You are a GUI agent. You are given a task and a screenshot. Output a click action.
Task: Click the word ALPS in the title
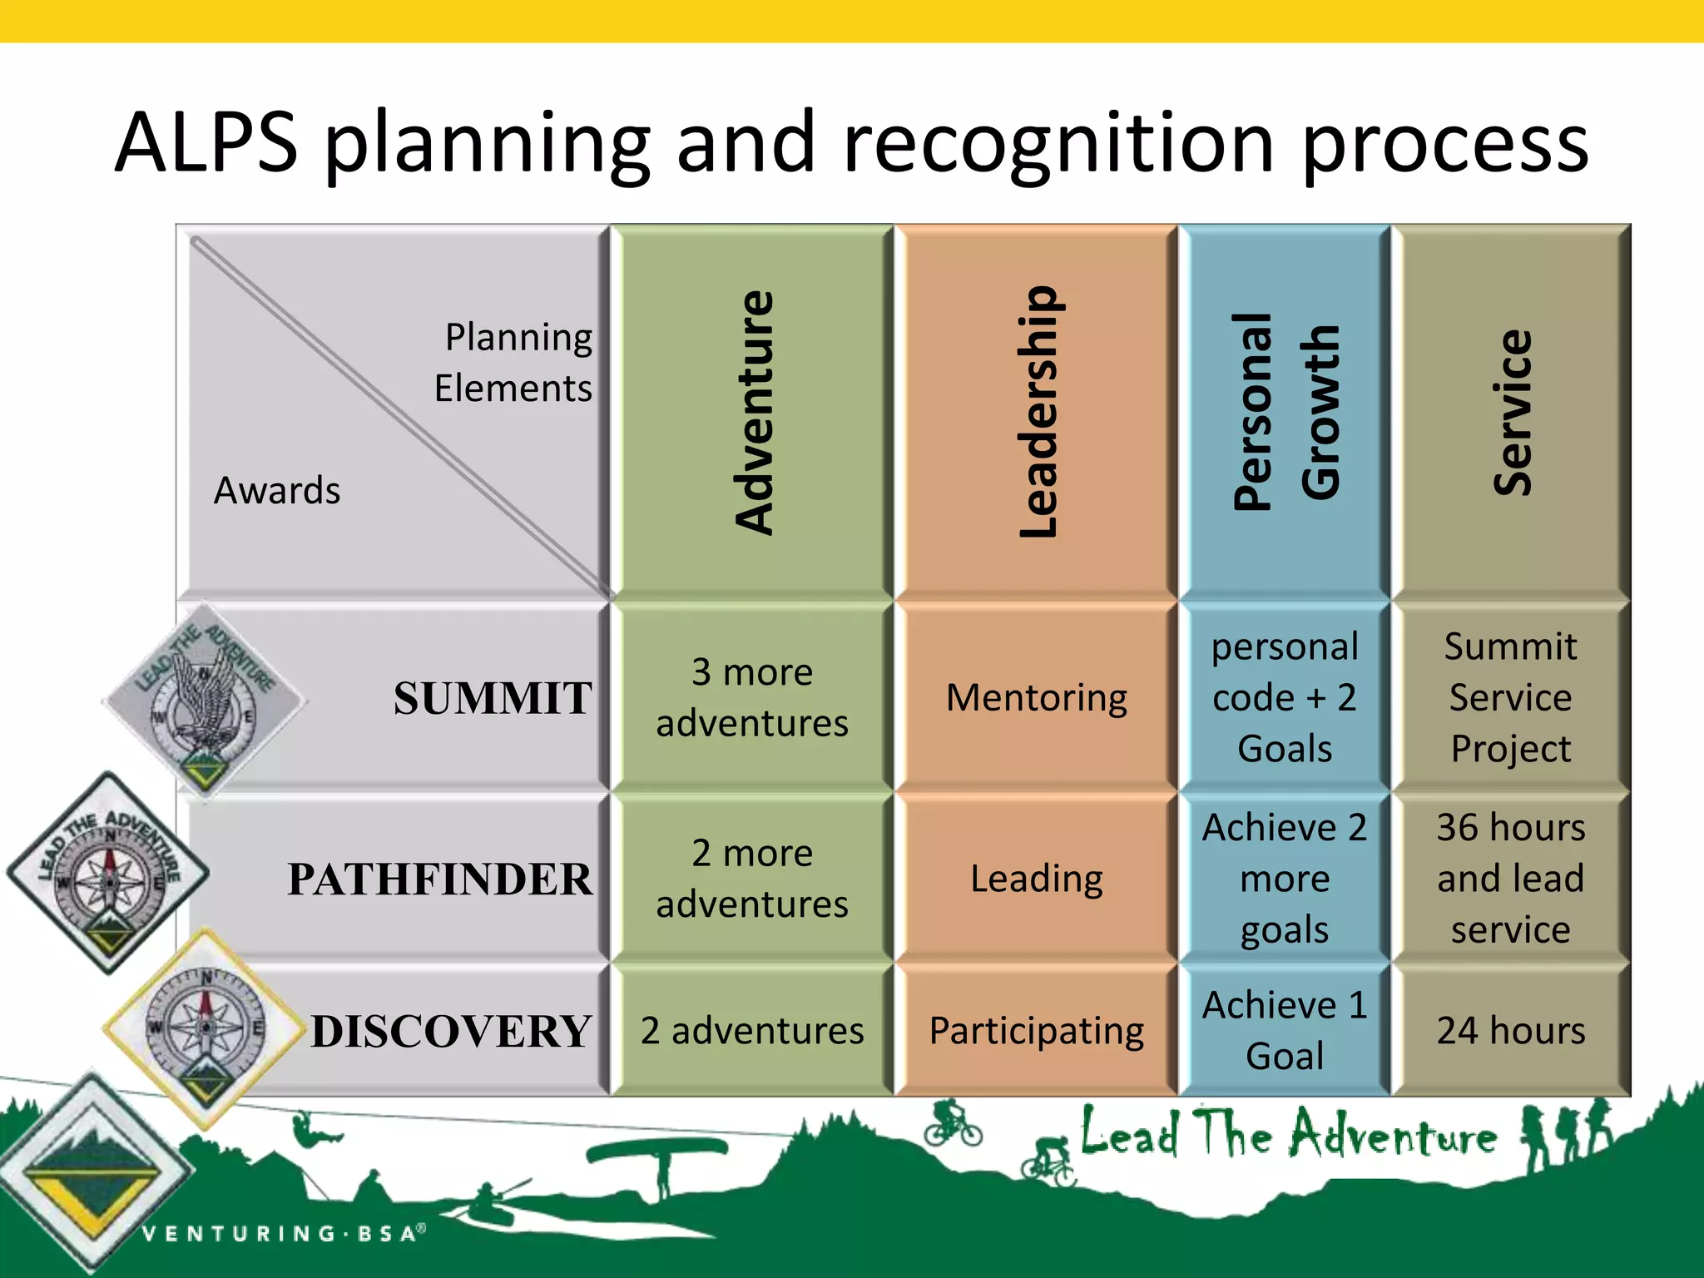pyautogui.click(x=206, y=143)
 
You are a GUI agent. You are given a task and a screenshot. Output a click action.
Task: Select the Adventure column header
pyautogui.click(x=755, y=412)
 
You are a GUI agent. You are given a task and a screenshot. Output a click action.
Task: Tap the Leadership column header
pyautogui.click(x=1038, y=412)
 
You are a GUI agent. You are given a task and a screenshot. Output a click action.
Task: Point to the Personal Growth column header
pyautogui.click(x=1285, y=412)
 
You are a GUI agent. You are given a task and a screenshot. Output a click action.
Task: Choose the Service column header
pyautogui.click(x=1512, y=412)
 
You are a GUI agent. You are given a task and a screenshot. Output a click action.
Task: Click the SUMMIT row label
pyautogui.click(x=493, y=698)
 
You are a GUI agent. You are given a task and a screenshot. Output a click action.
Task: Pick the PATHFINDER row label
pyautogui.click(x=440, y=879)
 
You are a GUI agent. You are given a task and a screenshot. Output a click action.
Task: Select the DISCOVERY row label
pyautogui.click(x=451, y=1032)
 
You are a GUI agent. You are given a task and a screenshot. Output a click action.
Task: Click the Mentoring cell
pyautogui.click(x=1037, y=697)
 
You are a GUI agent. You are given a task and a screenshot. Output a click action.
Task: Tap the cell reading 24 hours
pyautogui.click(x=1511, y=1031)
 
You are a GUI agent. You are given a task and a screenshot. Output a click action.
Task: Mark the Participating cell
pyautogui.click(x=1037, y=1031)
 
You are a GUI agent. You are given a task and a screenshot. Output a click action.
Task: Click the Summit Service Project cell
pyautogui.click(x=1511, y=697)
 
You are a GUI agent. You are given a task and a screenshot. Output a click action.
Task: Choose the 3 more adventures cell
pyautogui.click(x=752, y=697)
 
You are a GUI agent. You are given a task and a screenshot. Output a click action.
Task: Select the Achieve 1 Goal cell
pyautogui.click(x=1285, y=1031)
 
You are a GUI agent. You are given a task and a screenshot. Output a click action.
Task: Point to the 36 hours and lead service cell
pyautogui.click(x=1511, y=879)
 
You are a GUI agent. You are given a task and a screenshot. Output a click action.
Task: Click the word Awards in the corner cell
pyautogui.click(x=277, y=491)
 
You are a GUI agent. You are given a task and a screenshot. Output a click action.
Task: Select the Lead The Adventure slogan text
pyautogui.click(x=1288, y=1133)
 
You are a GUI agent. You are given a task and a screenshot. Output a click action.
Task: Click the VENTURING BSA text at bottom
pyautogui.click(x=284, y=1233)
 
